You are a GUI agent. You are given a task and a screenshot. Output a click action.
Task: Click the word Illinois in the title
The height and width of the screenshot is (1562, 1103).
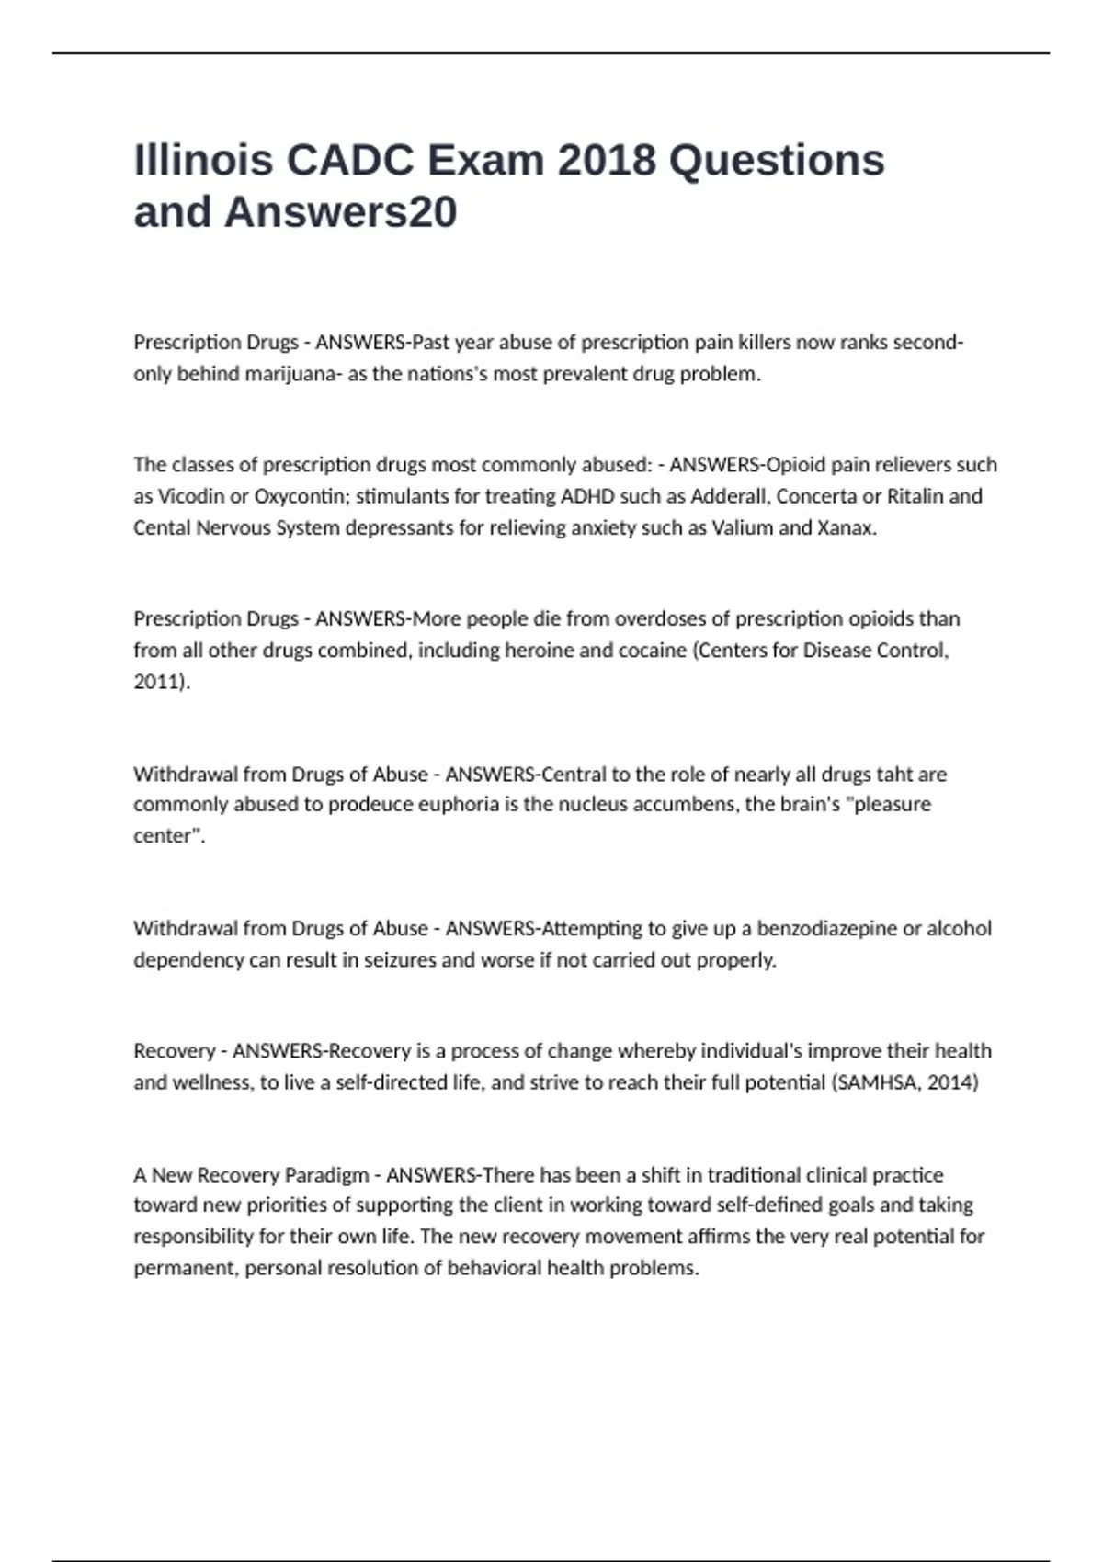coord(203,160)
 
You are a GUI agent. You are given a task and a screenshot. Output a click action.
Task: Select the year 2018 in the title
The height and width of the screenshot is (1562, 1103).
coord(607,160)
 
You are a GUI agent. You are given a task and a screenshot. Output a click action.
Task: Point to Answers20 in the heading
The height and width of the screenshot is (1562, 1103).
coord(340,212)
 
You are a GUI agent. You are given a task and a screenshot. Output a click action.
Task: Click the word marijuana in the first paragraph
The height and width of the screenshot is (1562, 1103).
coord(283,374)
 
